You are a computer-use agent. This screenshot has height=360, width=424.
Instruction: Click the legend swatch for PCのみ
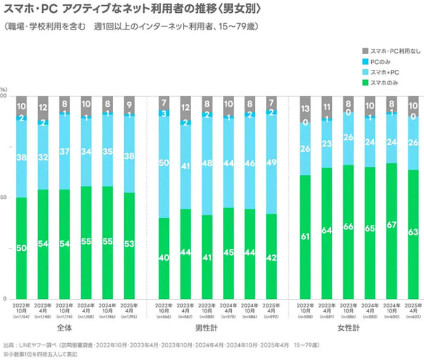pyautogui.click(x=365, y=62)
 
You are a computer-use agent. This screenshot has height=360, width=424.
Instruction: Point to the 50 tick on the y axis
pyautogui.click(x=3, y=198)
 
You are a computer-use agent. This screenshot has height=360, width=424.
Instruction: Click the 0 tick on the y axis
pyautogui.click(x=5, y=299)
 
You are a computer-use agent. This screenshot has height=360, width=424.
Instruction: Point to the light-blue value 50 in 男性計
pyautogui.click(x=163, y=163)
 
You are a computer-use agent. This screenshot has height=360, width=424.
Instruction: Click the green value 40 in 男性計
pyautogui.click(x=163, y=258)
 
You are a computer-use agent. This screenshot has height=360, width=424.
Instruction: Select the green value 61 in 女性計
pyautogui.click(x=305, y=237)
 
